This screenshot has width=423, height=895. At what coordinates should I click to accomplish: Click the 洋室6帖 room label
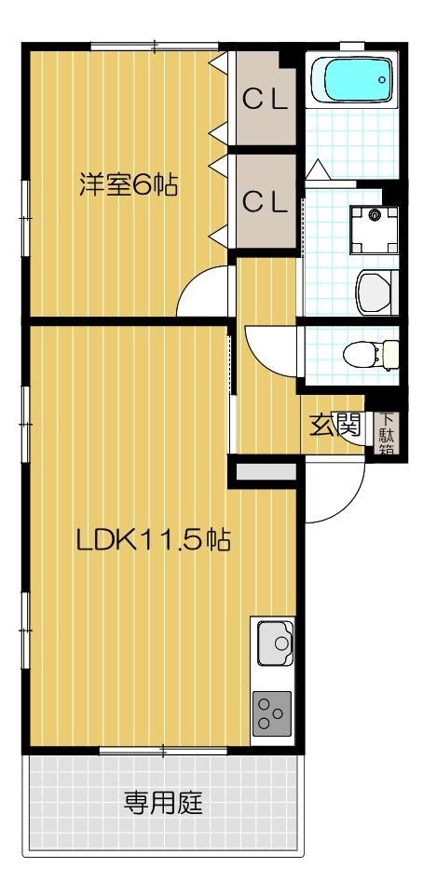tap(128, 184)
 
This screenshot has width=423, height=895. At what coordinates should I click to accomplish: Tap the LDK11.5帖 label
tap(154, 540)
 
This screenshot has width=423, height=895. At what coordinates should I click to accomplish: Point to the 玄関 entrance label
tap(335, 427)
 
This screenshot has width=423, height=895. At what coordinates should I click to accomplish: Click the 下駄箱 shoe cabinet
tap(385, 433)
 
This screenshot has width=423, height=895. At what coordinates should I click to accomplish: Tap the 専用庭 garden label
tap(164, 801)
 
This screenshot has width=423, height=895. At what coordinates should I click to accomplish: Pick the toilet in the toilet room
tap(372, 355)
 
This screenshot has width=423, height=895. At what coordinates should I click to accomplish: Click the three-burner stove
tap(271, 712)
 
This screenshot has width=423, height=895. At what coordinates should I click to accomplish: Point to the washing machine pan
tap(373, 226)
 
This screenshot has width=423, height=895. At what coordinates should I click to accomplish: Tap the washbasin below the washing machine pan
tap(377, 292)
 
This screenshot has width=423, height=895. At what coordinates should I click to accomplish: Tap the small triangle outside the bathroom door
tap(317, 171)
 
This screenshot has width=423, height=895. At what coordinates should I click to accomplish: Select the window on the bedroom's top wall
tap(154, 44)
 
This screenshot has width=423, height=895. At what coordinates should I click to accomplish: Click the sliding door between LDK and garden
tap(163, 750)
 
